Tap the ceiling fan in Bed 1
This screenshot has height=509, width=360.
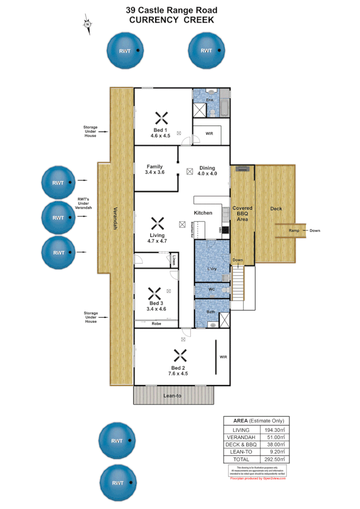[x=161, y=118]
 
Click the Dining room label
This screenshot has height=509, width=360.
[x=207, y=168]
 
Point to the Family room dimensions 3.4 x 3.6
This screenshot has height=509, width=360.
[x=155, y=173]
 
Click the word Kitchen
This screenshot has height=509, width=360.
[x=203, y=213]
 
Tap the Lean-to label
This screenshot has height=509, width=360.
[x=172, y=396]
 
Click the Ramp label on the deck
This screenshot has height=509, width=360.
[x=294, y=230]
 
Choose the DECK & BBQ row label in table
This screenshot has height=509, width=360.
[x=241, y=444]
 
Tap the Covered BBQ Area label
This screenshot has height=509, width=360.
[x=242, y=214]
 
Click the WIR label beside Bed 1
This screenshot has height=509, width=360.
[x=209, y=133]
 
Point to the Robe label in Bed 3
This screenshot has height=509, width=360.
[x=156, y=323]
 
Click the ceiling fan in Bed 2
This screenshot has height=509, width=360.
[x=179, y=355]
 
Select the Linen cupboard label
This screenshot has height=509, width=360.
[x=175, y=259]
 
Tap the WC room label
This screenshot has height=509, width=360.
[x=211, y=289]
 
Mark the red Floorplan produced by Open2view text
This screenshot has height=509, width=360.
[x=257, y=478]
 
